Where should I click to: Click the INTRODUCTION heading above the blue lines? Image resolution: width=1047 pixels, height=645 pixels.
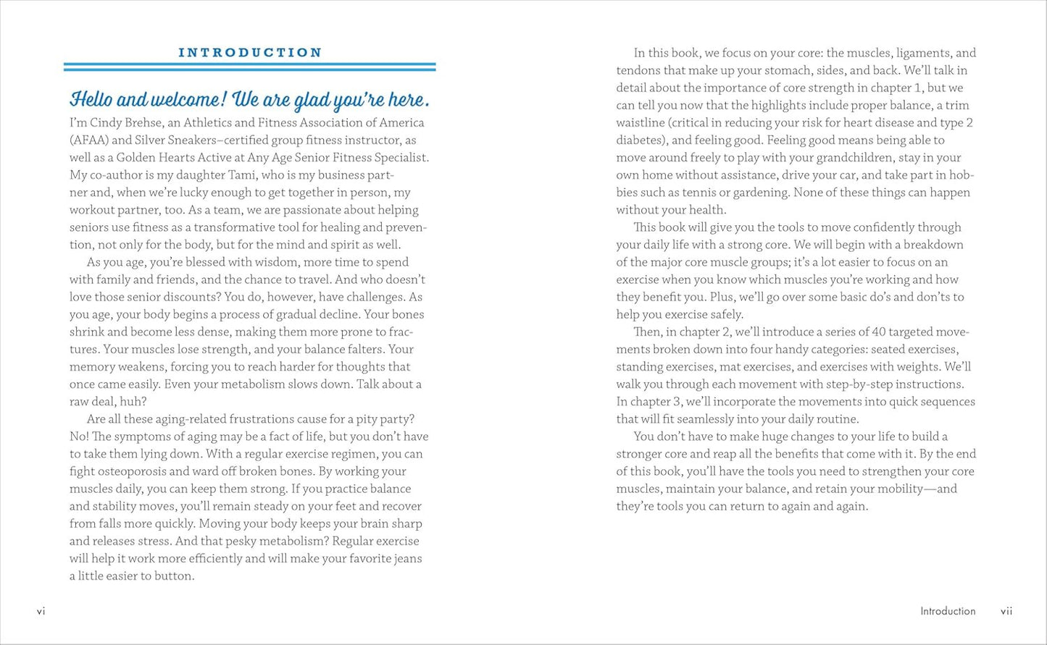[x=250, y=53]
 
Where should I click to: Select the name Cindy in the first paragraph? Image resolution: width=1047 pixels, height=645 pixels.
[x=107, y=122]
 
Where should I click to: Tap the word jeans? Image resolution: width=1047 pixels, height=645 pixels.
[x=405, y=558]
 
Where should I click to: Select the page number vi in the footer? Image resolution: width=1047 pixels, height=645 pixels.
[x=41, y=611]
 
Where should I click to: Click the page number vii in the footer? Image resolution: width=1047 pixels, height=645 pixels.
[x=1006, y=611]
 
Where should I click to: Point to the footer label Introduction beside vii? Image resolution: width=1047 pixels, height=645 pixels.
[x=948, y=611]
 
